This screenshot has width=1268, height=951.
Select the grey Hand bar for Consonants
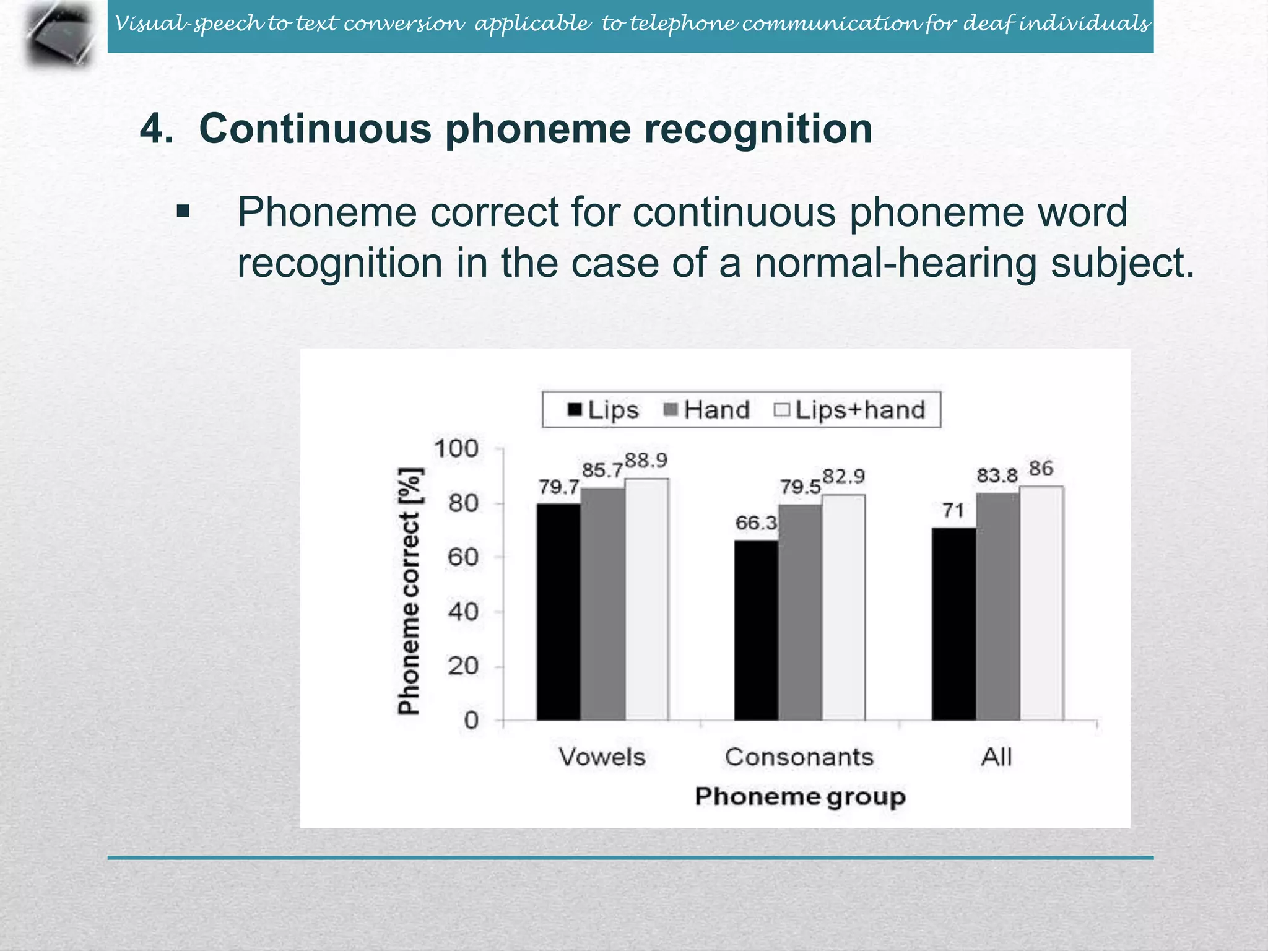click(x=800, y=612)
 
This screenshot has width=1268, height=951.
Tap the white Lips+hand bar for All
click(x=1041, y=604)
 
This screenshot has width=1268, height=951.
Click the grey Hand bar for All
click(x=997, y=607)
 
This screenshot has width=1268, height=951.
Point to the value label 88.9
click(x=646, y=461)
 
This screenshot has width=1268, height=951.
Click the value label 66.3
click(x=756, y=523)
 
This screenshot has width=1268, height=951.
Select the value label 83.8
click(x=997, y=476)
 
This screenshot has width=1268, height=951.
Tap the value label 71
click(x=953, y=511)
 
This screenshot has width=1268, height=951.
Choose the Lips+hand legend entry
click(x=850, y=410)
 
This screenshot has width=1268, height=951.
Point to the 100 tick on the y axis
click(x=456, y=448)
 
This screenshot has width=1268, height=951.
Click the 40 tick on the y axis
click(x=463, y=612)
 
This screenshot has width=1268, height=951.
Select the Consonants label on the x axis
click(x=799, y=757)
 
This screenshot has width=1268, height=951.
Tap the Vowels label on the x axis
click(x=602, y=757)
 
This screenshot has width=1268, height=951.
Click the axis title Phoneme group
click(x=800, y=796)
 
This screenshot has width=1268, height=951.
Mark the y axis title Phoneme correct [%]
click(x=409, y=591)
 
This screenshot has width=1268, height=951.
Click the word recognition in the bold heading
click(x=758, y=129)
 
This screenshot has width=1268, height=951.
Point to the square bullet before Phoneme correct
click(x=183, y=212)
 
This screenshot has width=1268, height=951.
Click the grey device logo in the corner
click(x=61, y=34)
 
